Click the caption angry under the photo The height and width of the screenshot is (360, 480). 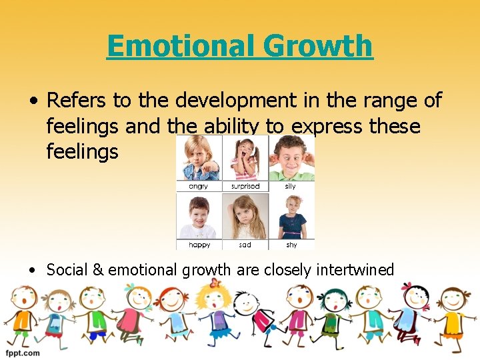click(198, 187)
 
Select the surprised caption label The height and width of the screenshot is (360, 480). click(245, 187)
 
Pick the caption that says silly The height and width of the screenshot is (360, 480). click(291, 187)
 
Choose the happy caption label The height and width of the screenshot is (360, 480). click(199, 245)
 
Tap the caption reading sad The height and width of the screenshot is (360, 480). click(245, 245)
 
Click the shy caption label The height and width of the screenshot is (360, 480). click(291, 245)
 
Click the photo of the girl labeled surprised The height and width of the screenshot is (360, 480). click(245, 159)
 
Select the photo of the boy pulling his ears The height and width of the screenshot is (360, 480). click(291, 159)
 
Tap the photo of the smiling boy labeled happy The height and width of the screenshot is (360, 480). click(199, 216)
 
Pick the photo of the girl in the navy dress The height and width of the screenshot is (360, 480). click(291, 216)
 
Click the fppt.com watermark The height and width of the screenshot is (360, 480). click(23, 353)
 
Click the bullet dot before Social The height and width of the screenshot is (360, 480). click(33, 270)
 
